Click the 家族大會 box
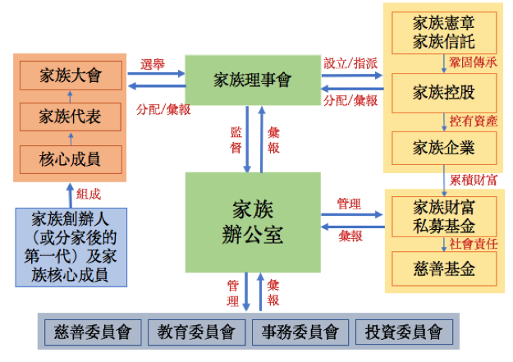[x=70, y=76]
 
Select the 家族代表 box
[x=70, y=116]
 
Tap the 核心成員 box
[x=70, y=157]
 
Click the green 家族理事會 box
[x=252, y=80]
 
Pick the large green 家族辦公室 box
[x=252, y=222]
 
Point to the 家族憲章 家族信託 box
[x=444, y=31]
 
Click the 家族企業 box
[x=444, y=147]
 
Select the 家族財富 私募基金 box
[x=444, y=216]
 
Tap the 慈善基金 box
[x=444, y=268]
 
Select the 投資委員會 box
[x=401, y=332]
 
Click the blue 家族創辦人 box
[x=70, y=246]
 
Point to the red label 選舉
[x=154, y=63]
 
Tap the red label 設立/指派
[x=350, y=63]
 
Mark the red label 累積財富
[x=474, y=178]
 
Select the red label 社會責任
[x=474, y=243]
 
